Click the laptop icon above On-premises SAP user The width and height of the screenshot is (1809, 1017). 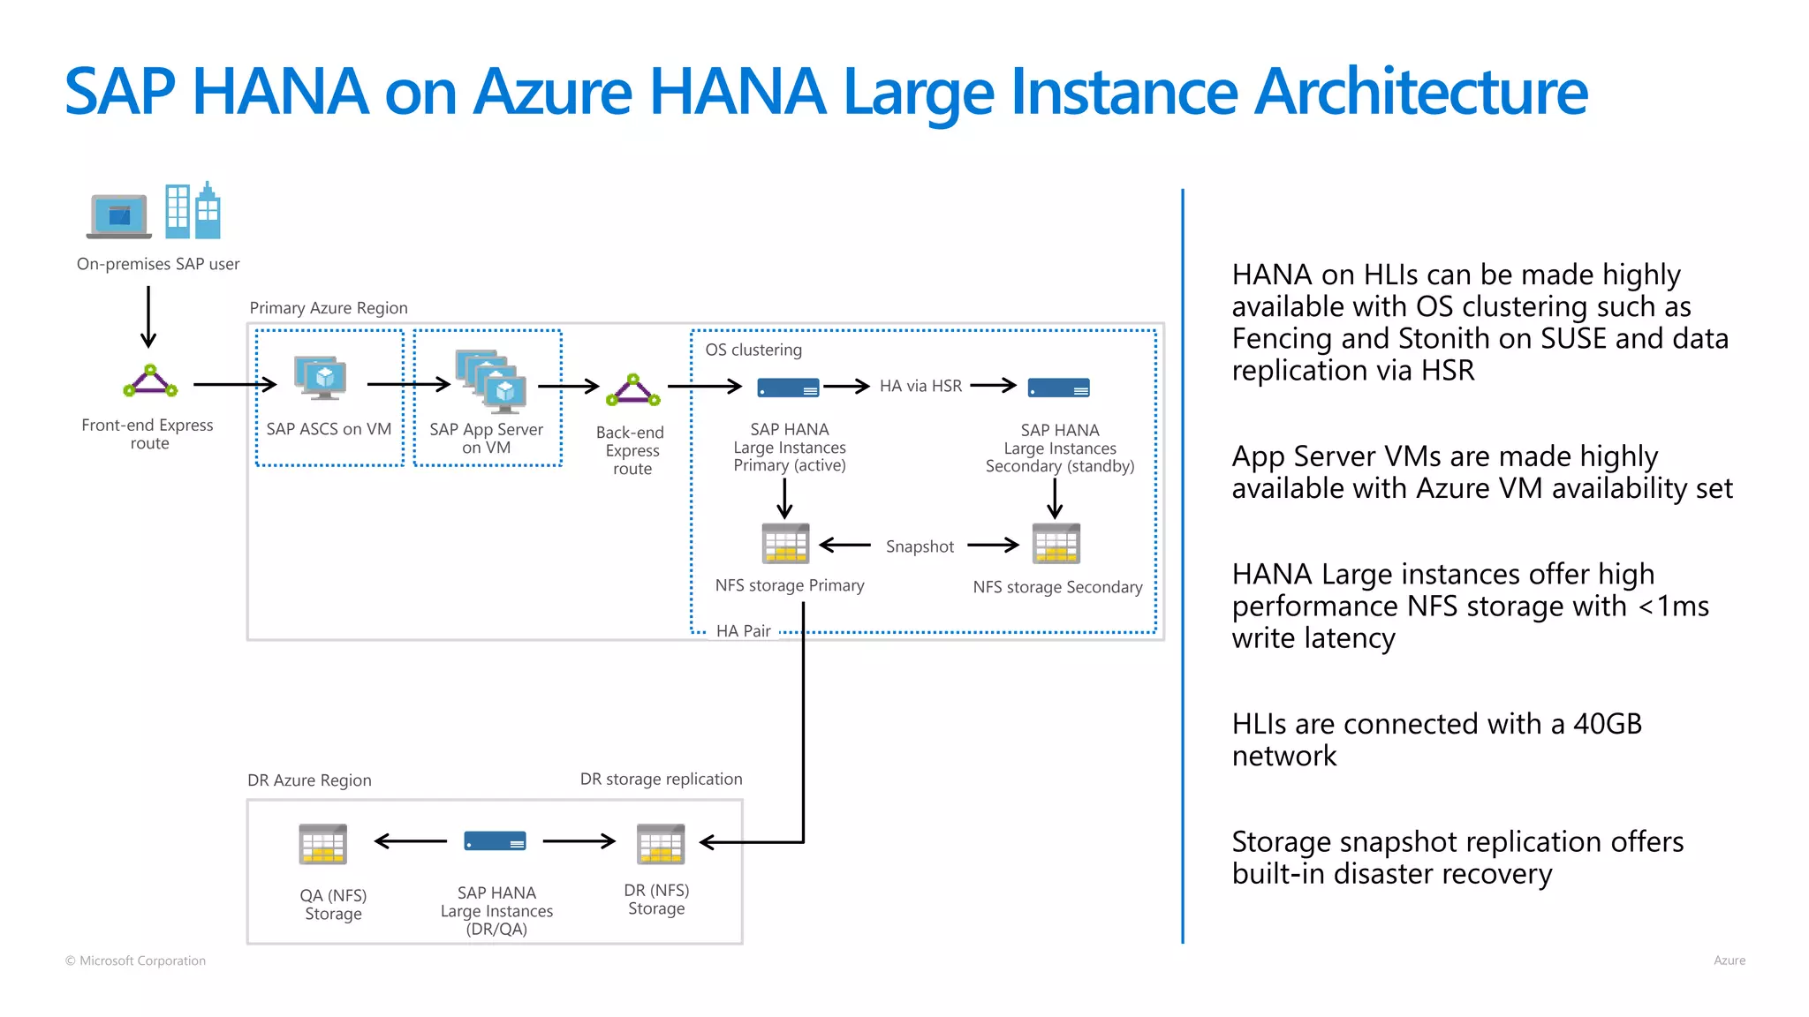119,216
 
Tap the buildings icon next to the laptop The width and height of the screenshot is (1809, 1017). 193,211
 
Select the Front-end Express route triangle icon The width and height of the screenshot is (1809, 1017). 150,381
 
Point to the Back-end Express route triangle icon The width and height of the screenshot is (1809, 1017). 633,390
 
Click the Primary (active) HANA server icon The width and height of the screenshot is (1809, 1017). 789,388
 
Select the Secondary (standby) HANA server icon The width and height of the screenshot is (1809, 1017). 1058,388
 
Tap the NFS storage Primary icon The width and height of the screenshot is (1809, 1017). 785,543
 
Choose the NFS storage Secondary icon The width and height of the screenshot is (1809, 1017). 1056,543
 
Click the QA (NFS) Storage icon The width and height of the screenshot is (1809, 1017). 323,843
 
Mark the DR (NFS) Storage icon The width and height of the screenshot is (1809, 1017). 661,843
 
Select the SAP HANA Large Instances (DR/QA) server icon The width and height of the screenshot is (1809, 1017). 495,841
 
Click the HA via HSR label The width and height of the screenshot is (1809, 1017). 920,386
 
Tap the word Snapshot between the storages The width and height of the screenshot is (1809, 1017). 920,546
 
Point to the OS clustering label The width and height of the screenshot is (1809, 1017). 753,350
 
